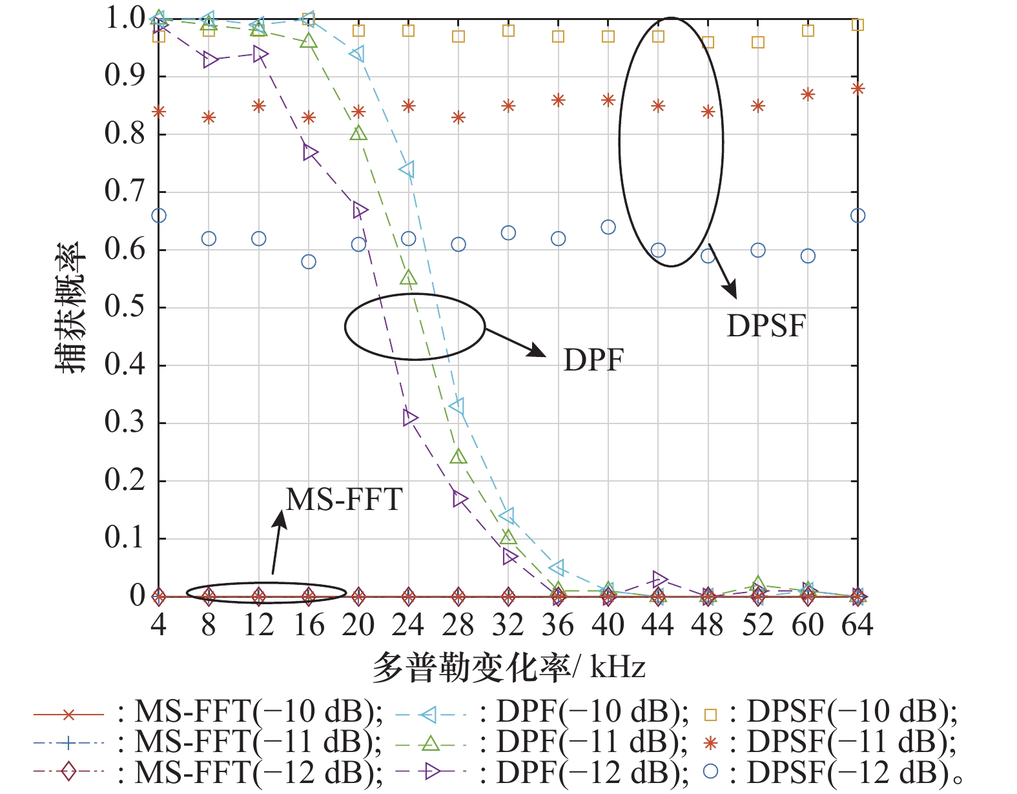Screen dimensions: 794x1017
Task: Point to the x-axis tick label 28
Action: click(x=458, y=625)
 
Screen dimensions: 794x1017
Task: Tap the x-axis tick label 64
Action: click(x=857, y=625)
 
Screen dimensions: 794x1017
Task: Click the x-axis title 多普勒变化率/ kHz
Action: click(x=508, y=667)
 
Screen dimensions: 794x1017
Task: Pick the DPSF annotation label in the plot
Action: click(x=766, y=326)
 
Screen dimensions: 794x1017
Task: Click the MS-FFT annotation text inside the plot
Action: click(x=344, y=500)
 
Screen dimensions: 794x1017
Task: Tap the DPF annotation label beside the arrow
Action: click(x=593, y=360)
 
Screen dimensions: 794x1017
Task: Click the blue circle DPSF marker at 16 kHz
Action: click(x=309, y=261)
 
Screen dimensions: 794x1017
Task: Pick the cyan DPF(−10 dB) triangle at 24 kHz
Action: click(x=407, y=170)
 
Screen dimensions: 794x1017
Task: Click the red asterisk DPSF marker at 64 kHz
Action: click(x=858, y=88)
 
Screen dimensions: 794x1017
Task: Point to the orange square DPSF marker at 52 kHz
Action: click(x=758, y=43)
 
